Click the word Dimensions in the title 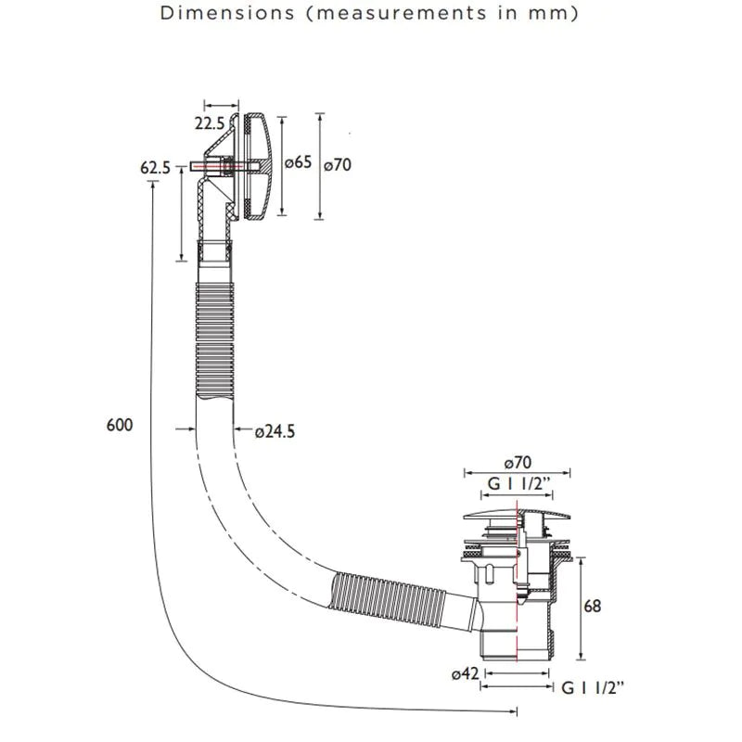coord(227,13)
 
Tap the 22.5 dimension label coord(210,123)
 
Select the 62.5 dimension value coord(155,168)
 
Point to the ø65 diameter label coord(298,162)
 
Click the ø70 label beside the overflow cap coord(338,165)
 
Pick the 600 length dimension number coord(120,425)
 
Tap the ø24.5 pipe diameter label coord(275,431)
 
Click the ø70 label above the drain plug coord(518,462)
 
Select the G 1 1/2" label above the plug coord(519,484)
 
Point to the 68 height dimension coord(593,606)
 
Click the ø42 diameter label coord(466,673)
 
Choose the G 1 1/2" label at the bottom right coord(593,687)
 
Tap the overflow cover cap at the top coord(256,166)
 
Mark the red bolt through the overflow coord(224,167)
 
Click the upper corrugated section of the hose coord(215,340)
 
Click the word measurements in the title coord(402,13)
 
